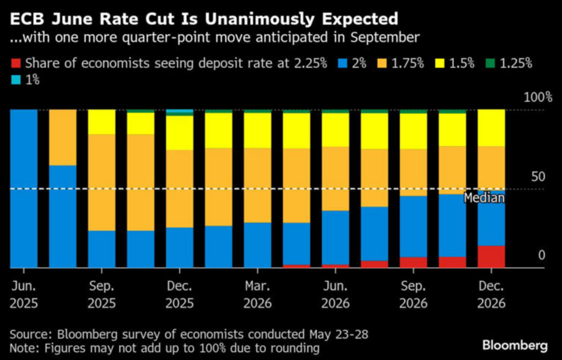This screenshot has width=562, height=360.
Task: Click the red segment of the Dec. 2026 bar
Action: (x=491, y=257)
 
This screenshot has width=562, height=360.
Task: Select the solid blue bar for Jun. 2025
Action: (x=24, y=189)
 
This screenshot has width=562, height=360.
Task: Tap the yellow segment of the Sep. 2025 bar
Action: (x=102, y=122)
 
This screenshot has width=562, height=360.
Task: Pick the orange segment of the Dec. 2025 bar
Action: (x=179, y=189)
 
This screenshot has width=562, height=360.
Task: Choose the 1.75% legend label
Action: (x=407, y=63)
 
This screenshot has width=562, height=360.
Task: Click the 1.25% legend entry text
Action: (x=516, y=63)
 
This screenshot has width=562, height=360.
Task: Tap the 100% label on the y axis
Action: (x=538, y=97)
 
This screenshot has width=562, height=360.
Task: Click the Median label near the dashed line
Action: (x=484, y=198)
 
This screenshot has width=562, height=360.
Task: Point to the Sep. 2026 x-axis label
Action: (x=413, y=294)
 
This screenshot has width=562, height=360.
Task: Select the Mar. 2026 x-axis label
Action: (x=258, y=294)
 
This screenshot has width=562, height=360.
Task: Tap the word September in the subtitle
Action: (x=385, y=37)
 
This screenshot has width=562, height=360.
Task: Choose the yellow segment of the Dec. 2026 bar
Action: (x=491, y=128)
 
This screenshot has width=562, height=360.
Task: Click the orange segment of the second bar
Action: (x=63, y=138)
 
